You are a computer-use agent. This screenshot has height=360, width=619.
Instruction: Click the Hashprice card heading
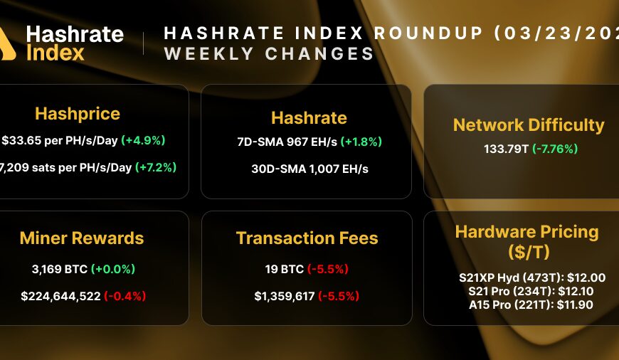78,114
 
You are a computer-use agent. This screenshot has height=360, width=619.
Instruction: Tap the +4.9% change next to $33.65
143,140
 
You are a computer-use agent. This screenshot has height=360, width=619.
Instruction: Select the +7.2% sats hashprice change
156,167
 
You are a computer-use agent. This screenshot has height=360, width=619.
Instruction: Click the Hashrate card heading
309,117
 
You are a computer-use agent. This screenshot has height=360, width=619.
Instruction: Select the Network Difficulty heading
529,125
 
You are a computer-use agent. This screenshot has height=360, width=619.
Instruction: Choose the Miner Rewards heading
82,238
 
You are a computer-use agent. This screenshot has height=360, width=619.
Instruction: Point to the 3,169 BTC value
55,269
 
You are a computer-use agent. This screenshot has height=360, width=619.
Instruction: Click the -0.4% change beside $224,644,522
125,296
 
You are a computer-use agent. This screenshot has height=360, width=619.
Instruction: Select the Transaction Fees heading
307,238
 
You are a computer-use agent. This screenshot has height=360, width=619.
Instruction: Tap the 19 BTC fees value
283,269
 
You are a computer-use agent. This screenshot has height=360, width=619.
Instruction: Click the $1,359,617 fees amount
280,296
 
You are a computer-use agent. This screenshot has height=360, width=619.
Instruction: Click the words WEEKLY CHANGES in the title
269,54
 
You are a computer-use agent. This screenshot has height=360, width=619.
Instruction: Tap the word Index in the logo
55,53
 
